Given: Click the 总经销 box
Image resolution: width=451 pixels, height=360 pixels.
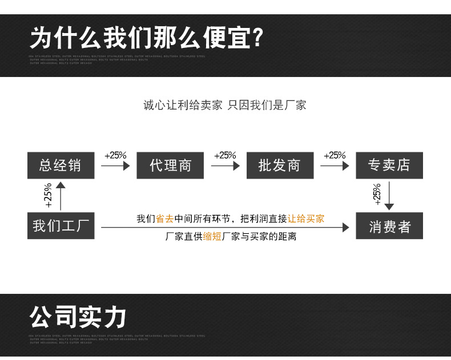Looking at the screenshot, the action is pos(61,165).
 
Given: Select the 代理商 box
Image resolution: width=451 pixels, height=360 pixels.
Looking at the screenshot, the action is pos(171,165).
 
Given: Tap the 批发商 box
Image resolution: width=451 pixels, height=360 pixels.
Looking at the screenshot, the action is pos(280,165).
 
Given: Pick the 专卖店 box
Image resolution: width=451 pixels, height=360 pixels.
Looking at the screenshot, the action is pos(389,165).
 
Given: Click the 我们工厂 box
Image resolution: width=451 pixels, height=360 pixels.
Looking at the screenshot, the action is pos(61,226).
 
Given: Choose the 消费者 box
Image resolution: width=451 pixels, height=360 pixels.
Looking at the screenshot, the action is pos(389,226).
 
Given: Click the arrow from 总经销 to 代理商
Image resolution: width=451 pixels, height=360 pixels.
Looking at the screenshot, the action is pos(116,166).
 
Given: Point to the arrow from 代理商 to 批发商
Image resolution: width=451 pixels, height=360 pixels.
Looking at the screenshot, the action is pos(226,166).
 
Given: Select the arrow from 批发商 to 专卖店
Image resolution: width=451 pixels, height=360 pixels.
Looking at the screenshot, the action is pos(335,166).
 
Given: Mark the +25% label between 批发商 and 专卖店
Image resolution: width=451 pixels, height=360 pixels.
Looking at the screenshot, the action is pos(335,155).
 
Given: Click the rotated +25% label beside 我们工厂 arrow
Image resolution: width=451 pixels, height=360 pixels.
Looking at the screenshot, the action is pos(49,195).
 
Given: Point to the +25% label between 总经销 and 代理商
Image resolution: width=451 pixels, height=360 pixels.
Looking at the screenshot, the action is pos(115,155).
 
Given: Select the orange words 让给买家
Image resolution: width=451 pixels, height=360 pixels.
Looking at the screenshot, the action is pos(306,219).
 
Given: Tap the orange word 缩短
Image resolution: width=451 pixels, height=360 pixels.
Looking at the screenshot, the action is pos(212,236).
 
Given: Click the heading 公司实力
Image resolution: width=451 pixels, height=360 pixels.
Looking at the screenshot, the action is pos(78,318).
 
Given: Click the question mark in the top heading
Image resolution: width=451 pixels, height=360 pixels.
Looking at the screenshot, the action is pos(257,38).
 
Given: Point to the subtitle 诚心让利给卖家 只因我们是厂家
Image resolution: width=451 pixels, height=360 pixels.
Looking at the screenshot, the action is pos(225,105).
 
